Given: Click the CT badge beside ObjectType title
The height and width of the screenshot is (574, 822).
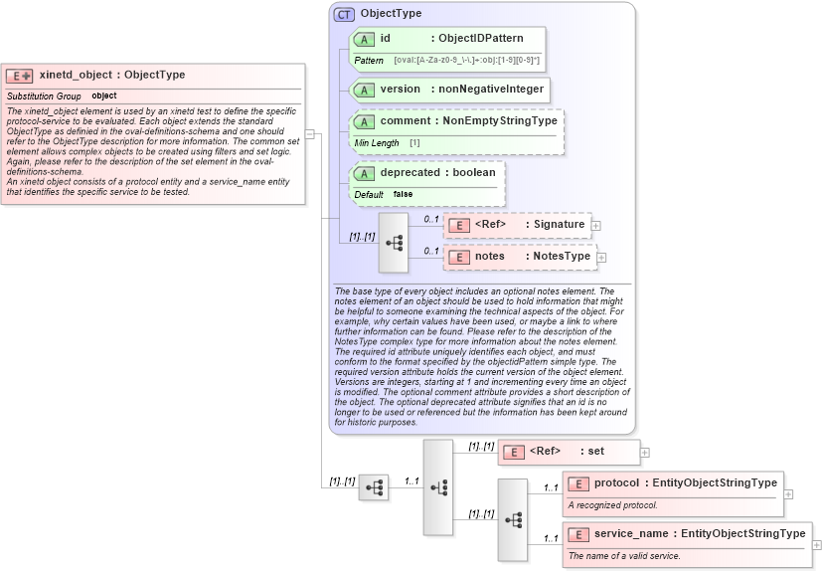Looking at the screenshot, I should [x=344, y=14].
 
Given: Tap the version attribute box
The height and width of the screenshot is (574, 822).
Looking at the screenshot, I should [x=449, y=90].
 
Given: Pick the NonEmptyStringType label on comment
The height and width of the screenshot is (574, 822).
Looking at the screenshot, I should [x=499, y=121].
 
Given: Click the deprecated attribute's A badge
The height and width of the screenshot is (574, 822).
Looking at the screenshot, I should [x=364, y=173].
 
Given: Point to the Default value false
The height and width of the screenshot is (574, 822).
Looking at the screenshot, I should [x=403, y=194].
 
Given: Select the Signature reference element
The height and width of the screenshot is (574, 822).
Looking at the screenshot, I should [x=517, y=225].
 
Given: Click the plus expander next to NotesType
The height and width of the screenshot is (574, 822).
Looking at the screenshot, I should [x=602, y=258].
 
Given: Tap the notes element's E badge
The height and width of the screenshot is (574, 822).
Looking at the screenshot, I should [x=458, y=257].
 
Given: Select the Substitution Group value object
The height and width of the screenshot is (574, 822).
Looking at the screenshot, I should [x=104, y=96].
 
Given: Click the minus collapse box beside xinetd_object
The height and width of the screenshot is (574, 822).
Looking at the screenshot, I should [x=310, y=133].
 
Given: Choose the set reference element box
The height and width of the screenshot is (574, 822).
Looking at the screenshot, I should [x=568, y=452].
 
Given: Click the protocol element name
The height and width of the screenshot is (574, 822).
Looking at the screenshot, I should [x=616, y=483].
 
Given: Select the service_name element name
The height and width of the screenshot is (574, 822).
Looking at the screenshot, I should [x=630, y=534].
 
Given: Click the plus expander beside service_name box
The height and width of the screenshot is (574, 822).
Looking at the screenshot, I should [x=817, y=545].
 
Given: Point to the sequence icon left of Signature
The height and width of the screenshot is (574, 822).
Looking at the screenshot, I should [x=394, y=242].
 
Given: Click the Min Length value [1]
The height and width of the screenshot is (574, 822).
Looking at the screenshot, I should [x=414, y=143].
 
